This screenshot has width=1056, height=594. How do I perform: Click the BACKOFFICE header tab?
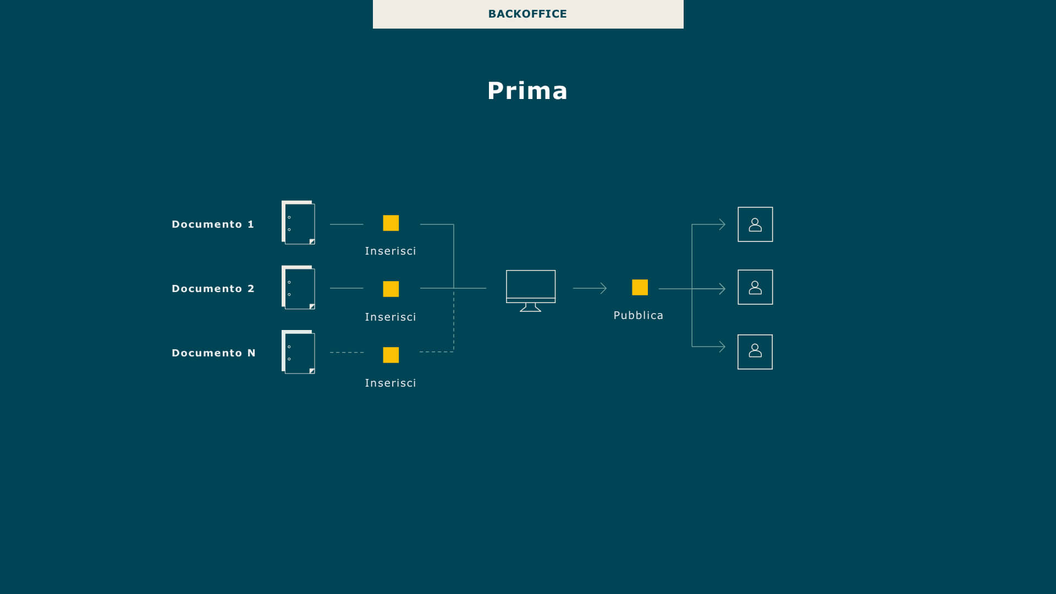point(528,14)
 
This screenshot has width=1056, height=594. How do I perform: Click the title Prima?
point(527,91)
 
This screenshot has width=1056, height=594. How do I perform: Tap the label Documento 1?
point(213,224)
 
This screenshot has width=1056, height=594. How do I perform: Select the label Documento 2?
point(213,289)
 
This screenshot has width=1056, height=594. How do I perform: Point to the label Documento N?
point(213,353)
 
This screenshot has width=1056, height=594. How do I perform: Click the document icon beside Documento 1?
point(298,222)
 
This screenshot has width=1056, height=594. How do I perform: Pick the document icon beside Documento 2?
point(298,288)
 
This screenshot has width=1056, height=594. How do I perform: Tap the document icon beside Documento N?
point(298,352)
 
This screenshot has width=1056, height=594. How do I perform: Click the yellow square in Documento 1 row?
point(391,223)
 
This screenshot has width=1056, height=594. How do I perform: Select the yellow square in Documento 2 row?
point(391,289)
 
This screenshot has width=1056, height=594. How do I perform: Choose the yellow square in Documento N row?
point(391,355)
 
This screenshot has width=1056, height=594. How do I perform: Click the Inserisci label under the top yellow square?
point(391,251)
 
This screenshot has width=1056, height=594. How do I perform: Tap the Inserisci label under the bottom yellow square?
point(391,383)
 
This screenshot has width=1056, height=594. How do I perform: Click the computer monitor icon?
point(531,291)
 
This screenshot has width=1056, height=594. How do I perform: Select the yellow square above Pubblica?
point(640,287)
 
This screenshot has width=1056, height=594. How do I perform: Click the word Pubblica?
point(639,316)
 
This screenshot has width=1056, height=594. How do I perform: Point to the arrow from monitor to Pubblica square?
point(590,288)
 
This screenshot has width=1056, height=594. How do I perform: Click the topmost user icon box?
point(755,224)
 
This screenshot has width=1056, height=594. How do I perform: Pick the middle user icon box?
point(755,287)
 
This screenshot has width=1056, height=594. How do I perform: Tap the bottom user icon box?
point(755,352)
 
